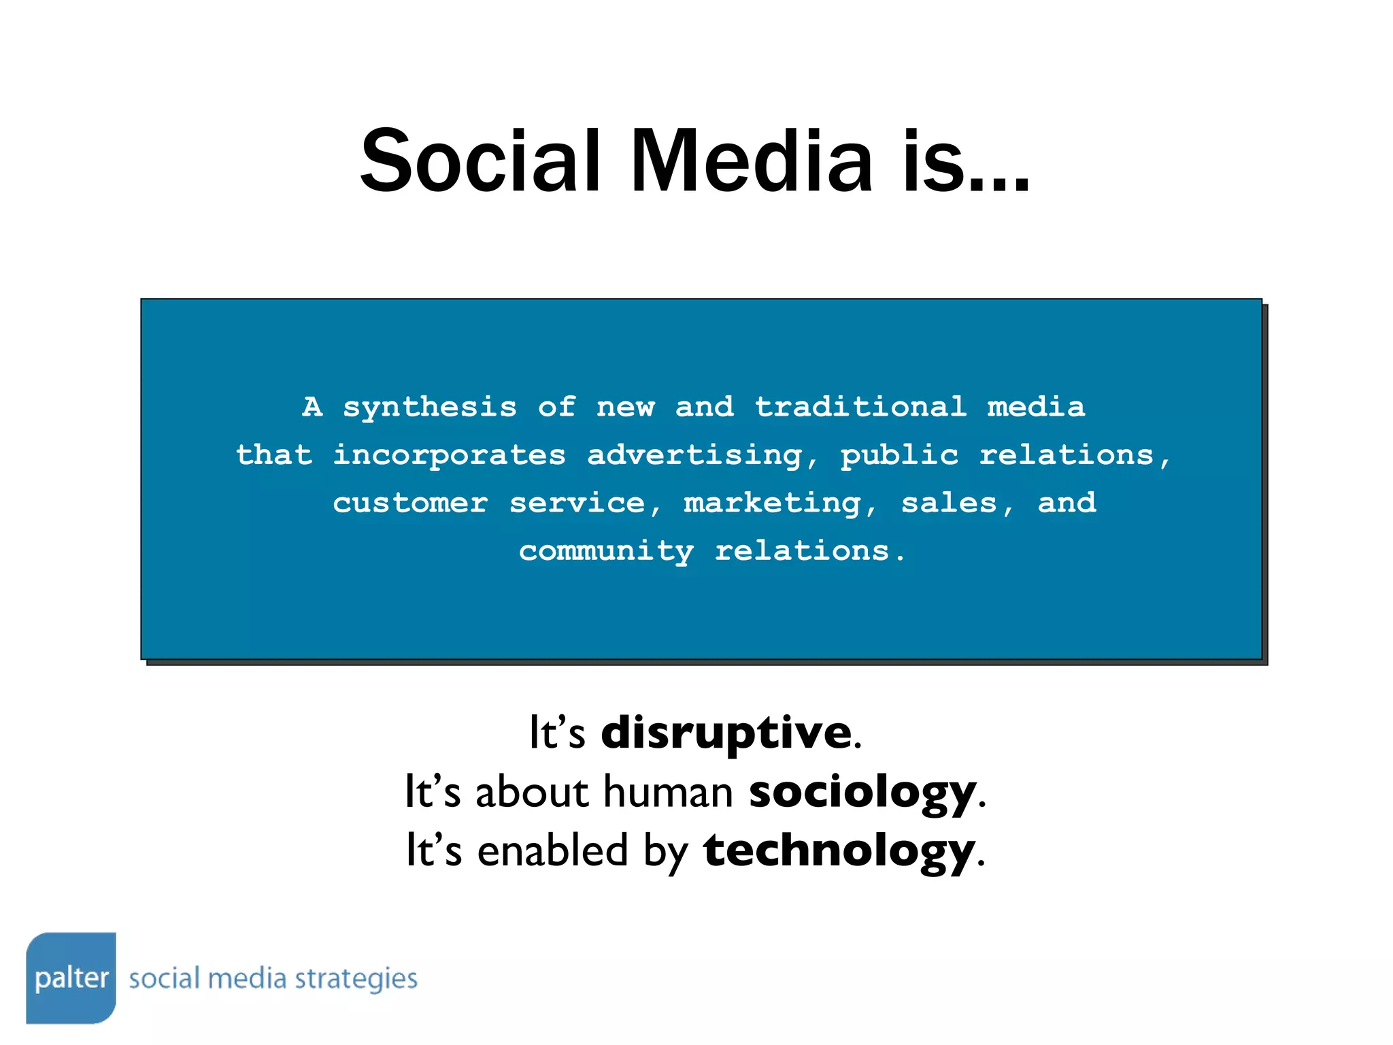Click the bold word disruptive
726,733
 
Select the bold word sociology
862,793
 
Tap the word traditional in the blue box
860,407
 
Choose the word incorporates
449,455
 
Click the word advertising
695,455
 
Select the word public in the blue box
899,455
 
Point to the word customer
410,503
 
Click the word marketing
773,503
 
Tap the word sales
949,503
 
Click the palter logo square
71,978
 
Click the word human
668,793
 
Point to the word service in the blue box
577,503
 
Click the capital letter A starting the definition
312,407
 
